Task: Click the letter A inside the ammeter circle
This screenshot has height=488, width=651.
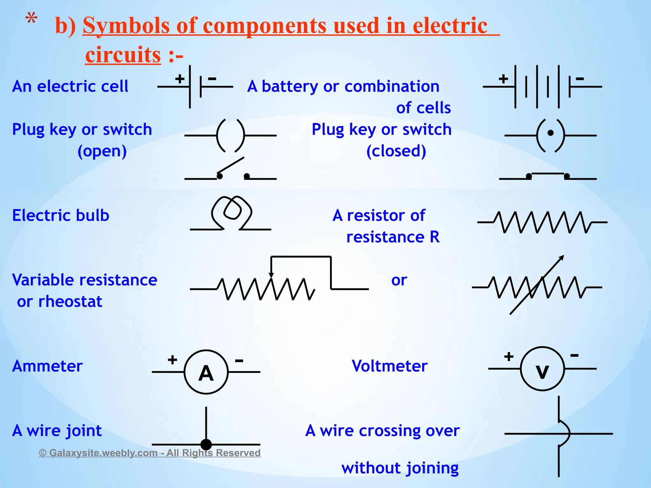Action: (206, 373)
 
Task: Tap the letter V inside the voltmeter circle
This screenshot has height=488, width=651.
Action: (542, 371)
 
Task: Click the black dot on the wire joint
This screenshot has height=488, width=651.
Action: (206, 444)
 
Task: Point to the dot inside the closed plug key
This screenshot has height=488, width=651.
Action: (551, 133)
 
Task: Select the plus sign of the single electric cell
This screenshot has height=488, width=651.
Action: (180, 78)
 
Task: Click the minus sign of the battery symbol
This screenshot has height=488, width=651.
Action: (580, 78)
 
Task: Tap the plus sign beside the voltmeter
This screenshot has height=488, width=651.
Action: (509, 356)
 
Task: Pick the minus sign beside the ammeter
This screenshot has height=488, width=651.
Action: (239, 360)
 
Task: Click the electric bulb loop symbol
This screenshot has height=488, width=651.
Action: (232, 211)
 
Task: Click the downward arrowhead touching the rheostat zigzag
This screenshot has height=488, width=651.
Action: (271, 275)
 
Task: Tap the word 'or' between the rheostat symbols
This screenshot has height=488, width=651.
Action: (399, 280)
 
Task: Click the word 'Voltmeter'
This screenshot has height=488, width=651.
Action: (389, 366)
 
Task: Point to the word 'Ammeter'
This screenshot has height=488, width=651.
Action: (47, 366)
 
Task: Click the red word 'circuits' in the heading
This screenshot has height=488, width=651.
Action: (123, 55)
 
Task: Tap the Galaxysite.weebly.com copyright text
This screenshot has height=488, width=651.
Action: (150, 453)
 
